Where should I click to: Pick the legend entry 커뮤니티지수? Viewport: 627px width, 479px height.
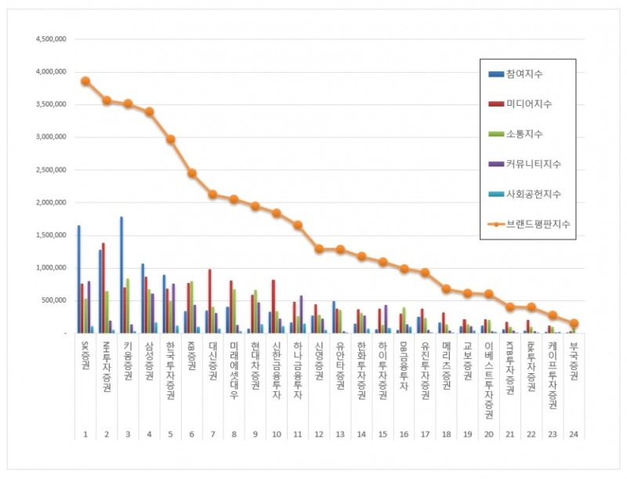pos(530,164)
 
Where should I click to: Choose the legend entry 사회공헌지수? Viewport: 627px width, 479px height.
pos(530,194)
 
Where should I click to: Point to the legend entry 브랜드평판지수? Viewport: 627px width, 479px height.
pos(533,223)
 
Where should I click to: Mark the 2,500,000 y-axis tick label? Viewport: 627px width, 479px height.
pos(49,169)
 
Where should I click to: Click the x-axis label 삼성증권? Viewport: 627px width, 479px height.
pos(149,362)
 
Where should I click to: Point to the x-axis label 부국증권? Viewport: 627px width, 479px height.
pos(574,362)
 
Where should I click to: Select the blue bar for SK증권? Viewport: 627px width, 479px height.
pos(78,279)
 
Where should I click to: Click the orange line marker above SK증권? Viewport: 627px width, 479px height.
pos(85,81)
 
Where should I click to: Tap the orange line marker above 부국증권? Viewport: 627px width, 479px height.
pos(574,323)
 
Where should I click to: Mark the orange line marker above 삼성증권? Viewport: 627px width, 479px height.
pos(149,111)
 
